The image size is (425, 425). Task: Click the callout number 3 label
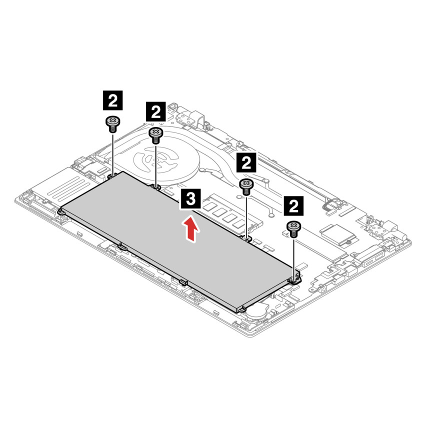pyautogui.click(x=190, y=199)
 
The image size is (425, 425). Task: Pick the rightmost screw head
pyautogui.click(x=293, y=229)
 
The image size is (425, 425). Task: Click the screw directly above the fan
pyautogui.click(x=155, y=133)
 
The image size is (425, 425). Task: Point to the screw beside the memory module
pyautogui.click(x=246, y=185)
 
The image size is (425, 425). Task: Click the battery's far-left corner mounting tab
pyautogui.click(x=61, y=211)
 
